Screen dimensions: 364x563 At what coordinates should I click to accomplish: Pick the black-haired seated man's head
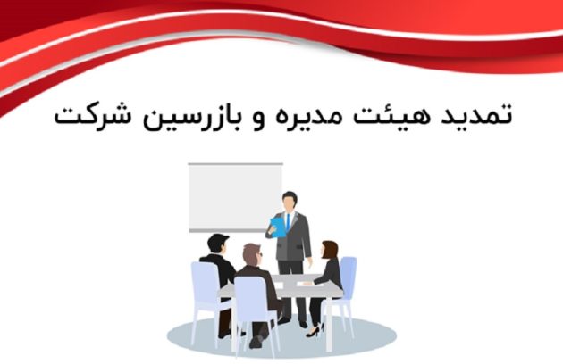pos(217,244)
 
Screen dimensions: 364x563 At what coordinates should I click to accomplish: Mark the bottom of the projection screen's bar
pos(234,231)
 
